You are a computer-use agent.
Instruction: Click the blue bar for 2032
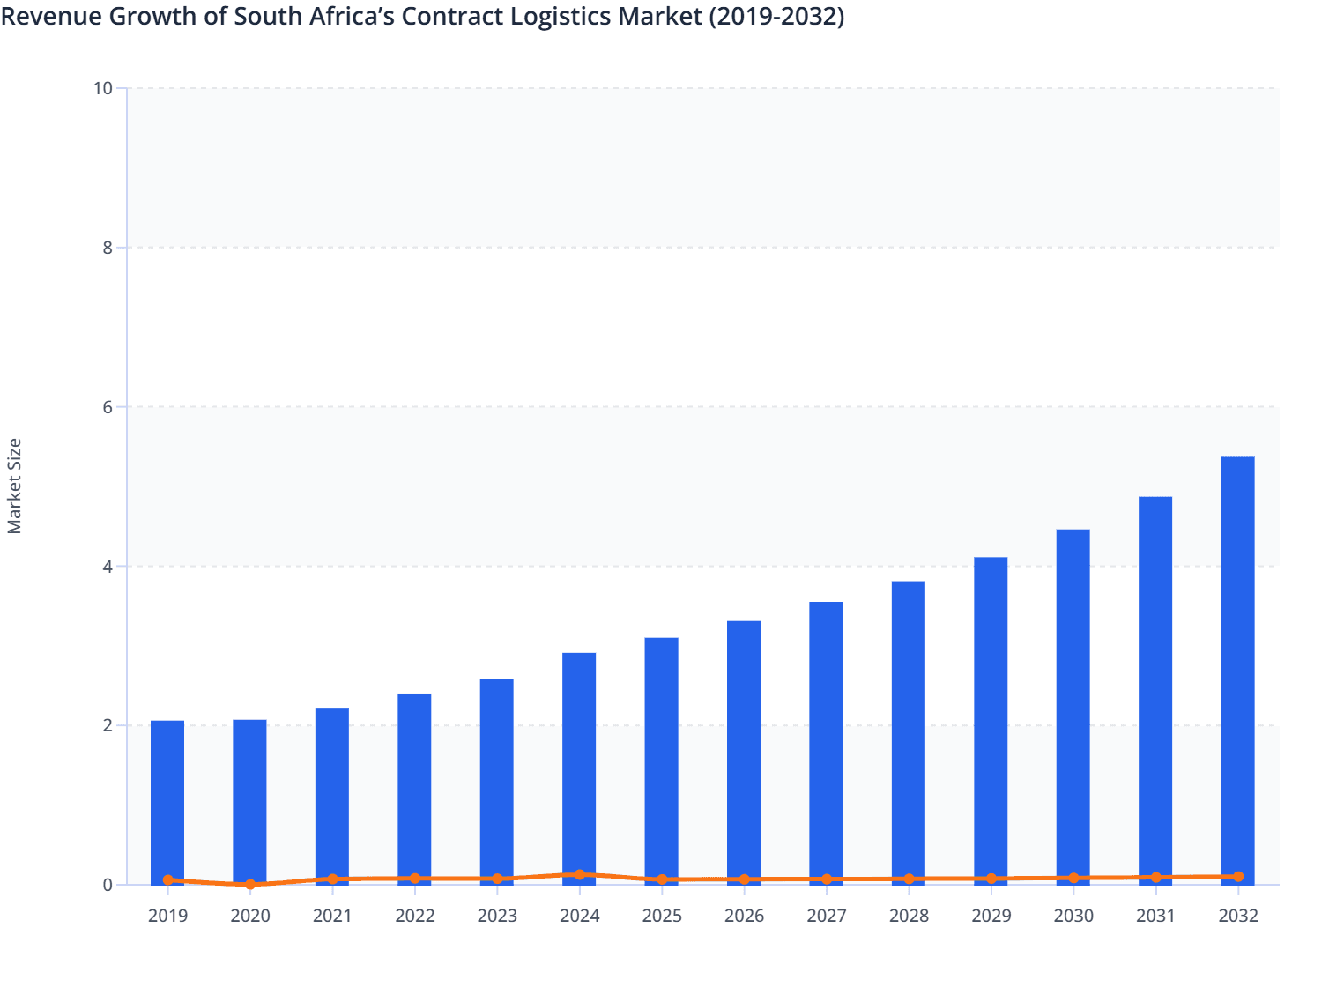(x=1237, y=670)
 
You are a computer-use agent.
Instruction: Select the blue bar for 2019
(x=167, y=802)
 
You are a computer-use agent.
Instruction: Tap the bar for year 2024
(x=579, y=767)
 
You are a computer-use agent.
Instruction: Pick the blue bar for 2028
(x=908, y=731)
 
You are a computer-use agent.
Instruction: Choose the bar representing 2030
(x=1073, y=705)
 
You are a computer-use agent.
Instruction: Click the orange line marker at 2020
(x=250, y=884)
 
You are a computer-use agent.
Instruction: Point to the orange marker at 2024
(x=579, y=875)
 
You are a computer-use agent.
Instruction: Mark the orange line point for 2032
(x=1237, y=877)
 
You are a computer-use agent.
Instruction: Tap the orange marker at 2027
(x=826, y=879)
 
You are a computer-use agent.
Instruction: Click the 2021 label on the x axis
(x=332, y=916)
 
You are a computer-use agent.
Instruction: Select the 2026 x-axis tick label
(x=744, y=916)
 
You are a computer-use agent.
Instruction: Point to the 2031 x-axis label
(x=1155, y=916)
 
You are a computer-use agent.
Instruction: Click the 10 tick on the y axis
(x=103, y=88)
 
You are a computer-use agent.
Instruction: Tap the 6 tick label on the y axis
(x=108, y=407)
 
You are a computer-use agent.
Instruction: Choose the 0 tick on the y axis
(x=108, y=885)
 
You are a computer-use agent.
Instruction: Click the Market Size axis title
(x=14, y=486)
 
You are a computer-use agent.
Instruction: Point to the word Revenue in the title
(x=50, y=16)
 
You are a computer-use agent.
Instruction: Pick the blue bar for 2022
(x=414, y=789)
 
